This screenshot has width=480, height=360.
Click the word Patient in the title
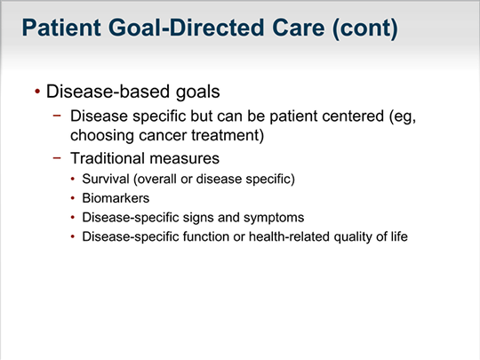coord(61,28)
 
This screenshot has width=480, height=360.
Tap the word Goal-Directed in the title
coord(186,28)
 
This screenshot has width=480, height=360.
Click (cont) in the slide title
coord(365,28)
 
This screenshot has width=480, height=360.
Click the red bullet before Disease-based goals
coord(37,92)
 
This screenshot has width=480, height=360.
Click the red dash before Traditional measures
coord(57,158)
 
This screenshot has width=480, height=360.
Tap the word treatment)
coord(228,135)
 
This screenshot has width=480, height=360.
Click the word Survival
coord(106,179)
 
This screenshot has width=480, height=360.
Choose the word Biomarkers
coord(116,198)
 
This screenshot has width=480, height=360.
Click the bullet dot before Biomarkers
coord(73,198)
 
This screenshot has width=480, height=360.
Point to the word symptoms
coord(274,218)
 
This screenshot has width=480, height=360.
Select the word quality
coord(353,237)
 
